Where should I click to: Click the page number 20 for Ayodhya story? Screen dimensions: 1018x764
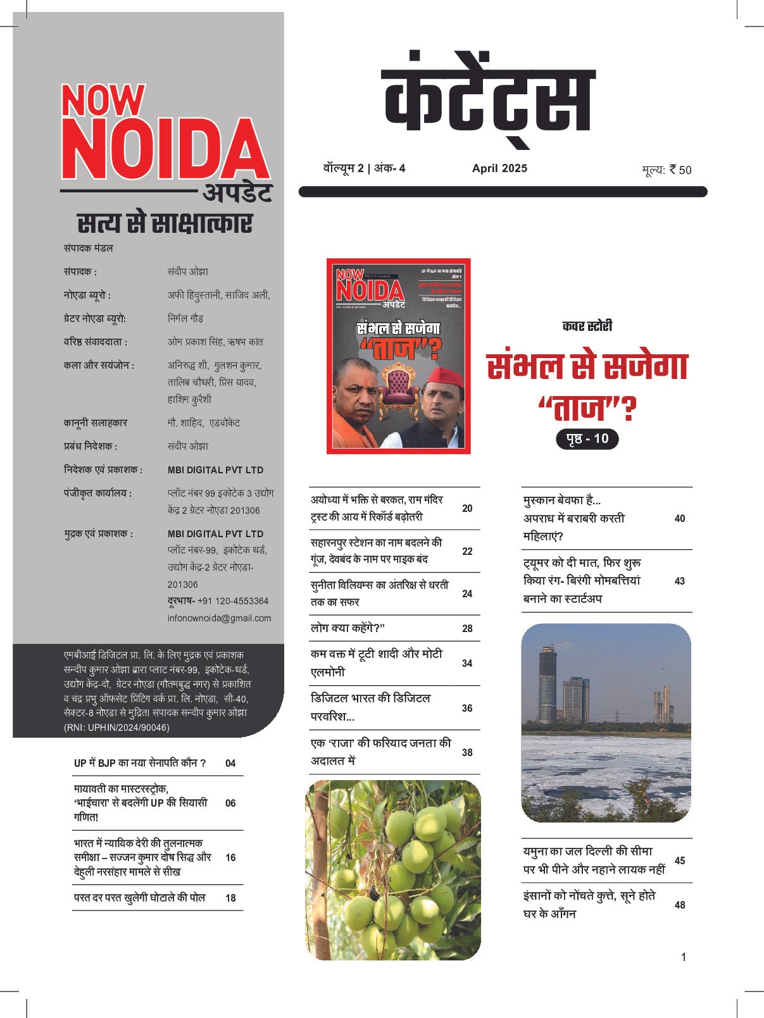[x=467, y=508]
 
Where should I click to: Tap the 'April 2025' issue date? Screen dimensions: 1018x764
[x=499, y=168]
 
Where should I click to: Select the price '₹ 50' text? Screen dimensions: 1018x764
[x=680, y=170]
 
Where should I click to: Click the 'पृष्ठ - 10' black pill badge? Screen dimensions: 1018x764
[x=587, y=439]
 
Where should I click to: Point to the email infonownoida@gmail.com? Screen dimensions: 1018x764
[x=219, y=618]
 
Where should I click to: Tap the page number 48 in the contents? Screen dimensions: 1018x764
[x=680, y=905]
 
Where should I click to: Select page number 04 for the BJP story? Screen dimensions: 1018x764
[x=230, y=763]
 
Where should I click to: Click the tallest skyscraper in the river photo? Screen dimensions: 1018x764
[x=548, y=683]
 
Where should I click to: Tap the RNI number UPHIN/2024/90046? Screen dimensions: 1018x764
[x=116, y=728]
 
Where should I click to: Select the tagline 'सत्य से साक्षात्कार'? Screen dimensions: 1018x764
[x=165, y=224]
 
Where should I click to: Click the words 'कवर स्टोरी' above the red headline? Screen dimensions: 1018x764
[x=587, y=326]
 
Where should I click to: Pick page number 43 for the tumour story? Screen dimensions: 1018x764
[x=679, y=581]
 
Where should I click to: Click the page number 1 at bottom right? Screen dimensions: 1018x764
[x=684, y=957]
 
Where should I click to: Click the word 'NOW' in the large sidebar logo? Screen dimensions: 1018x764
[x=103, y=101]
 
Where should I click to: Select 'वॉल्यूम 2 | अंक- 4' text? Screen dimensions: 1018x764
[x=364, y=168]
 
